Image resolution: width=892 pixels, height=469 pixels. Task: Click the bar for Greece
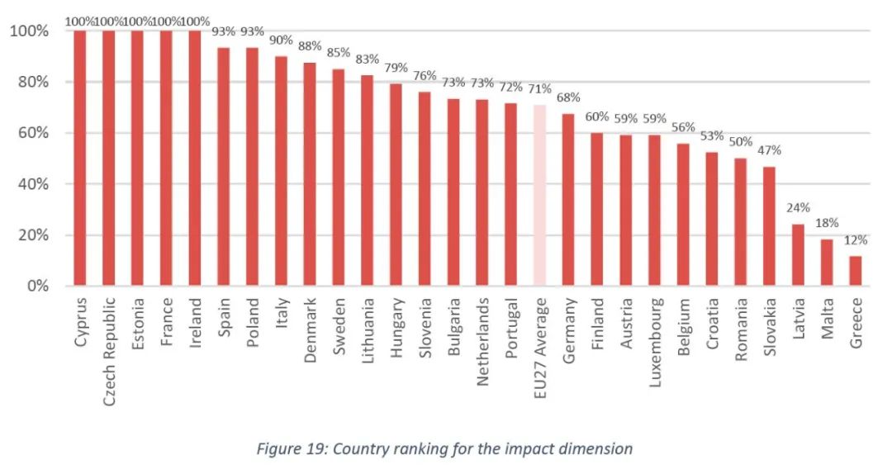856,271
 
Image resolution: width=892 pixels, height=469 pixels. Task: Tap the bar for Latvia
798,255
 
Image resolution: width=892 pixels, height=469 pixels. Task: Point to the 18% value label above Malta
827,223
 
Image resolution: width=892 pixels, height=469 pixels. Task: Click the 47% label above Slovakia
769,150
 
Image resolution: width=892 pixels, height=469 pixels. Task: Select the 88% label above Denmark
310,46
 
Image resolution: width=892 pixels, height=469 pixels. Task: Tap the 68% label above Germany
568,97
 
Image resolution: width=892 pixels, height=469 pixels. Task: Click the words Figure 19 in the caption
290,449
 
